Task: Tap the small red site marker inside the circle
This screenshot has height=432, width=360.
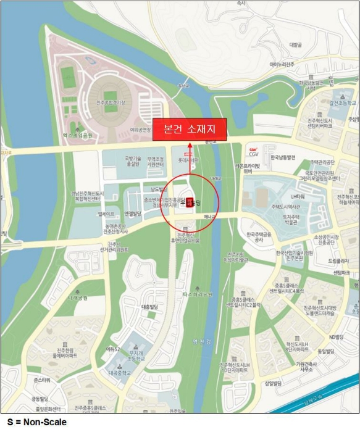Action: (x=190, y=201)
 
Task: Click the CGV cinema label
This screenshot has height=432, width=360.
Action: (x=253, y=151)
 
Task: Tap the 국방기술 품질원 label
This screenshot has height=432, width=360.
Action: (x=133, y=161)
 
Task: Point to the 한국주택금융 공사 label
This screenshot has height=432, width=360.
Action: (x=259, y=237)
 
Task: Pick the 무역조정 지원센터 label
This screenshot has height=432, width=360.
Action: (x=158, y=161)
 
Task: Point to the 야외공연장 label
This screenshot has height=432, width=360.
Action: (x=140, y=130)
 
